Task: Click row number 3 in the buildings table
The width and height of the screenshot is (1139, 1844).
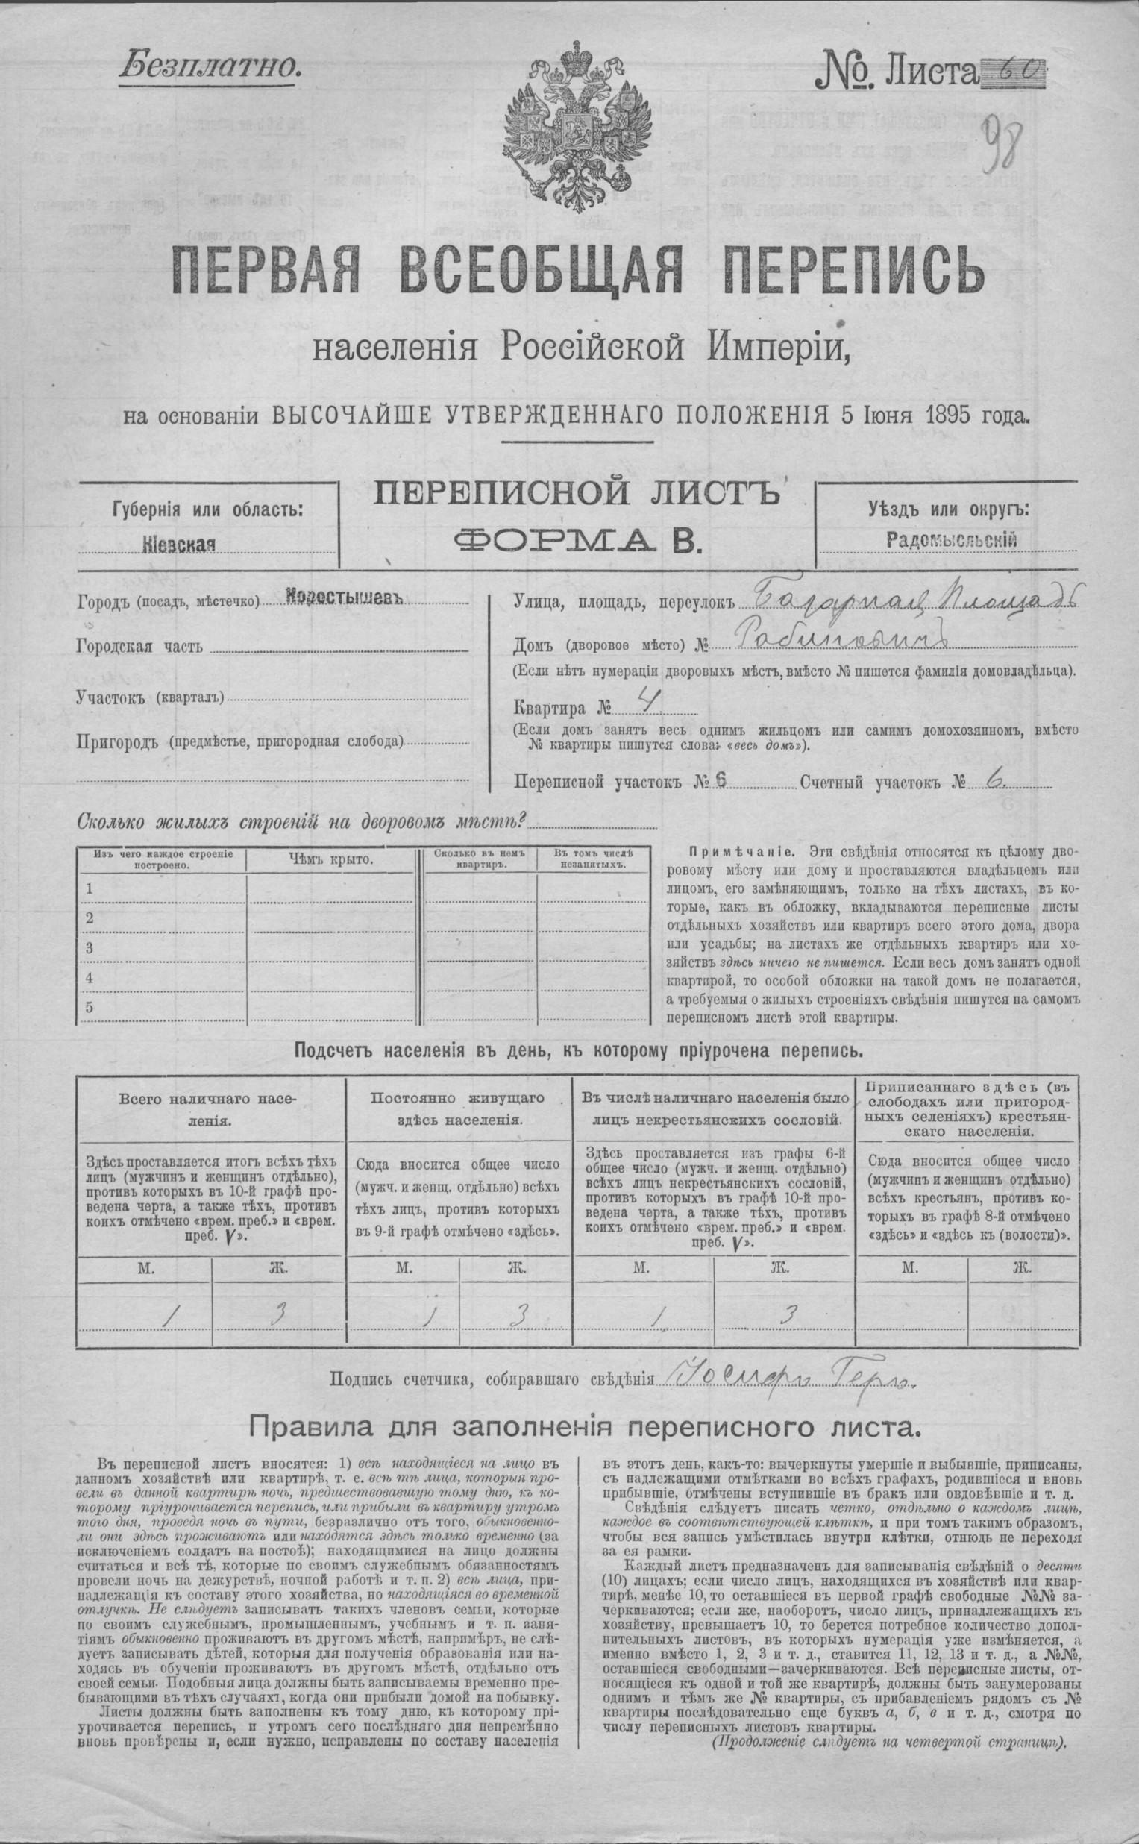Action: coord(90,947)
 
